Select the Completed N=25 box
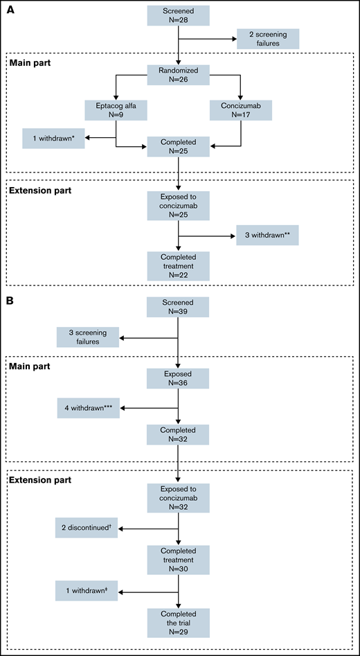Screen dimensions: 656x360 pyautogui.click(x=179, y=146)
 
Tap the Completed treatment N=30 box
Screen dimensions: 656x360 pyautogui.click(x=179, y=560)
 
